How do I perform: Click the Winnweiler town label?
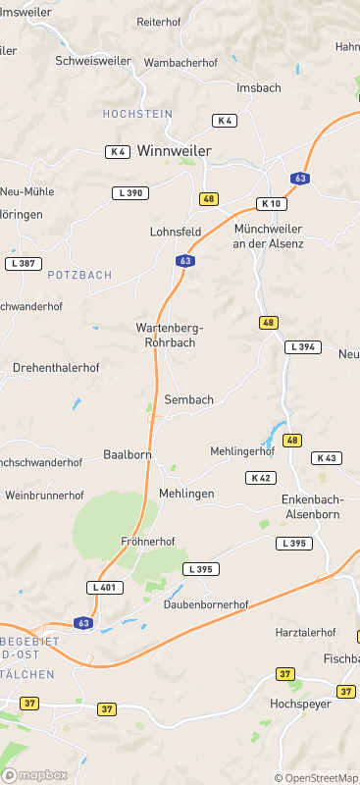tap(175, 151)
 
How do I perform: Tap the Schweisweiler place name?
tap(93, 60)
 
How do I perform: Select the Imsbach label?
tap(259, 87)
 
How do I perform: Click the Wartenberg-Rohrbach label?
tap(165, 336)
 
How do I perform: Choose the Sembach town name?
tap(188, 400)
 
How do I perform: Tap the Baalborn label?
tap(128, 455)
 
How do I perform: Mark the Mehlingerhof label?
tap(242, 451)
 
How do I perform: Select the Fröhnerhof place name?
tap(147, 542)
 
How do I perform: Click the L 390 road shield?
tap(129, 193)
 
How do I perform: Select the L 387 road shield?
tap(23, 264)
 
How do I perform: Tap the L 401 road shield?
tap(105, 587)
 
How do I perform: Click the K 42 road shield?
tap(260, 477)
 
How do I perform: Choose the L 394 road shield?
tap(303, 347)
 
